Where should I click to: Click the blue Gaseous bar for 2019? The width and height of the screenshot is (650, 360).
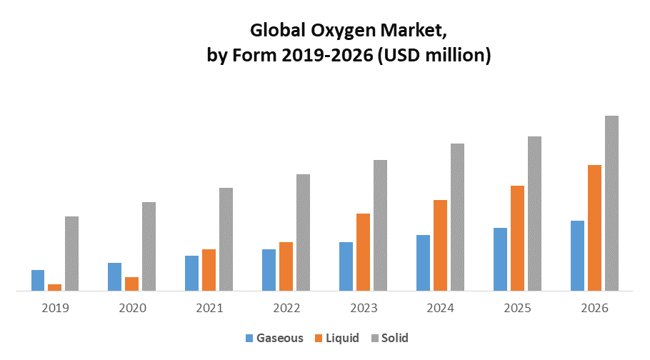point(38,280)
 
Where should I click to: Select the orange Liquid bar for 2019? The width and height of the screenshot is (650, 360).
point(55,287)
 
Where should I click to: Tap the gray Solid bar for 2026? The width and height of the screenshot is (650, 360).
point(611,203)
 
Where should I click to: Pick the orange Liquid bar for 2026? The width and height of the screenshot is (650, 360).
point(594,228)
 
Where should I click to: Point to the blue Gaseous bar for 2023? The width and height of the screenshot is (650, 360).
point(346,266)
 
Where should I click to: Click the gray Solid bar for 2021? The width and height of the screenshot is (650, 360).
point(226,239)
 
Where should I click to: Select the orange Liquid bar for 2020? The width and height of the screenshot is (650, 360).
point(131,284)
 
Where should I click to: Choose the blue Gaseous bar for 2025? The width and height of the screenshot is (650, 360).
point(500,259)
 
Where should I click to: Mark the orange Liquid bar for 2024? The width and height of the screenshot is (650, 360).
point(440,245)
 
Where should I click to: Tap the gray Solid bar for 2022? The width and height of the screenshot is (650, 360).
point(303,232)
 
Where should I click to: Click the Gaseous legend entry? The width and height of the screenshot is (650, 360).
point(274,338)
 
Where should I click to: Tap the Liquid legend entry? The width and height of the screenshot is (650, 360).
point(337,338)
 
